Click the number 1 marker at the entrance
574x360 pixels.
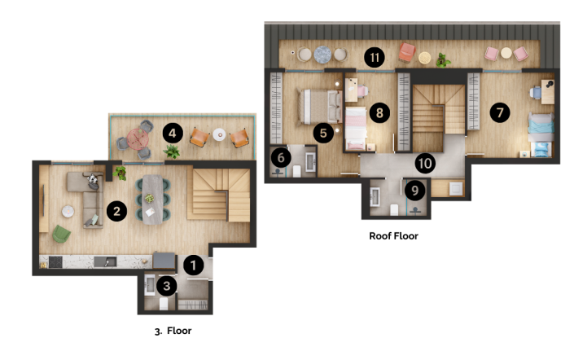coord(193,265)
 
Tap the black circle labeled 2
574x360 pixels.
coord(117,212)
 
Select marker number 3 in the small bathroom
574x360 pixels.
coord(166,286)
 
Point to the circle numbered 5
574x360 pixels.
coord(323,131)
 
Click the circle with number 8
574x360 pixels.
coord(378,112)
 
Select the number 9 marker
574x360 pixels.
coord(415,191)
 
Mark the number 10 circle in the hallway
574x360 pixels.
coord(424,163)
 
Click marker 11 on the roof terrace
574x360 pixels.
coord(375,57)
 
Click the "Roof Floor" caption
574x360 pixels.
coord(394,236)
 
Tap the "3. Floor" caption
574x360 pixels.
coord(173,331)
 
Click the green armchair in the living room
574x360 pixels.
coord(62,235)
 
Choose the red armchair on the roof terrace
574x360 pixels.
coord(406,53)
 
